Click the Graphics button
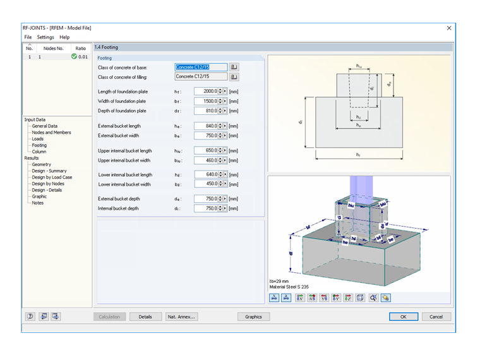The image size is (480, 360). (x=253, y=316)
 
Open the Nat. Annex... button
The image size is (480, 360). (x=182, y=316)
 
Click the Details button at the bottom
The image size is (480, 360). (x=145, y=316)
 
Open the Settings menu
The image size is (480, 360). (x=45, y=37)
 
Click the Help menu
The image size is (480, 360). (x=64, y=37)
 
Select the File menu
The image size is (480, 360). (x=28, y=37)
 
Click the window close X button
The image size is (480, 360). (x=449, y=28)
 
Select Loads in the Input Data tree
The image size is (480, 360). (x=38, y=139)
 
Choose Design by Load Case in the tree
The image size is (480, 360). (x=52, y=177)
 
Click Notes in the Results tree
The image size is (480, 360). (x=37, y=203)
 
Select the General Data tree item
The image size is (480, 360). (x=44, y=126)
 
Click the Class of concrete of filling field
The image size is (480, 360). (x=200, y=76)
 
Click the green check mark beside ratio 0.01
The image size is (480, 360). (x=75, y=57)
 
